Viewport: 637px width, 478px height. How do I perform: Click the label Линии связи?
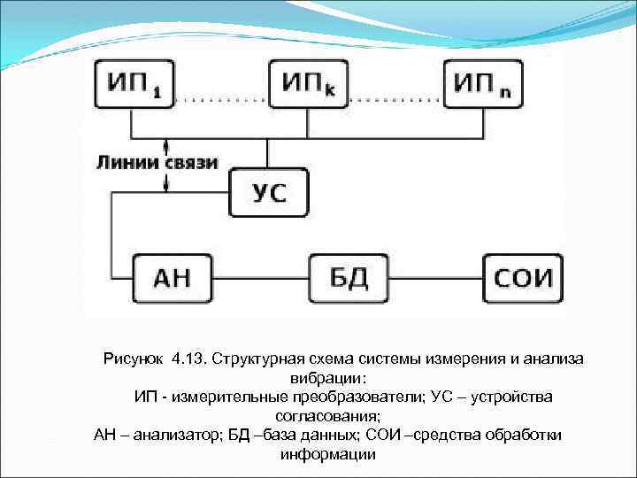pyautogui.click(x=157, y=164)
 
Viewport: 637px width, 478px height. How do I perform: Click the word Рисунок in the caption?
pyautogui.click(x=134, y=358)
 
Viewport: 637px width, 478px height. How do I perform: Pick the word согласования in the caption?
pyautogui.click(x=327, y=416)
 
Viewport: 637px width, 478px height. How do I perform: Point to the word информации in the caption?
pyautogui.click(x=327, y=455)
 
